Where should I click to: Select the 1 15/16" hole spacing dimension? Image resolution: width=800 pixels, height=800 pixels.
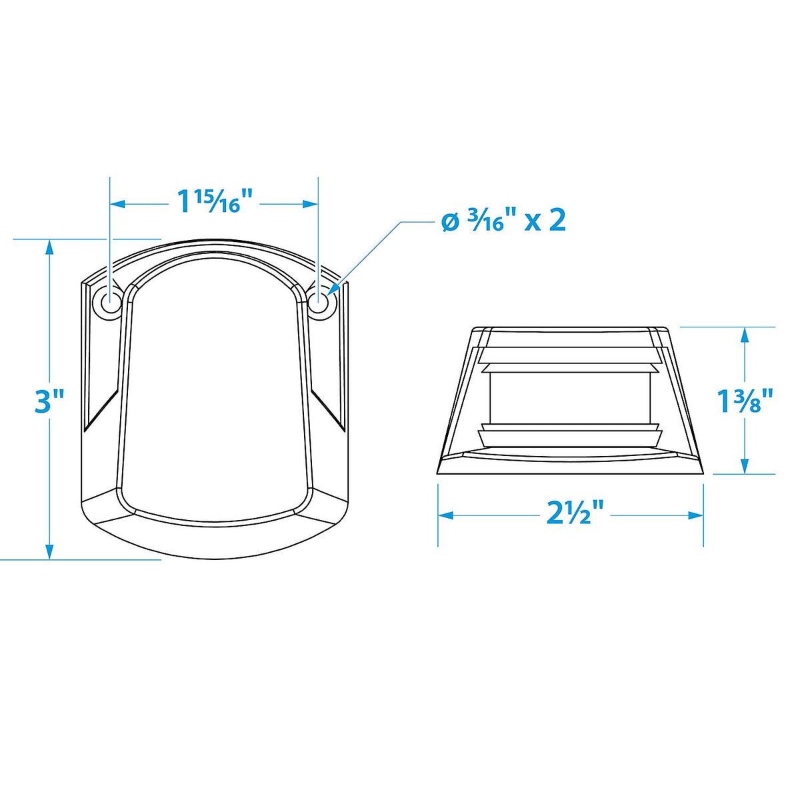tap(215, 202)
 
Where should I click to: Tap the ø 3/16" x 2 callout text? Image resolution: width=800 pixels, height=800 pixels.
tap(503, 221)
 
